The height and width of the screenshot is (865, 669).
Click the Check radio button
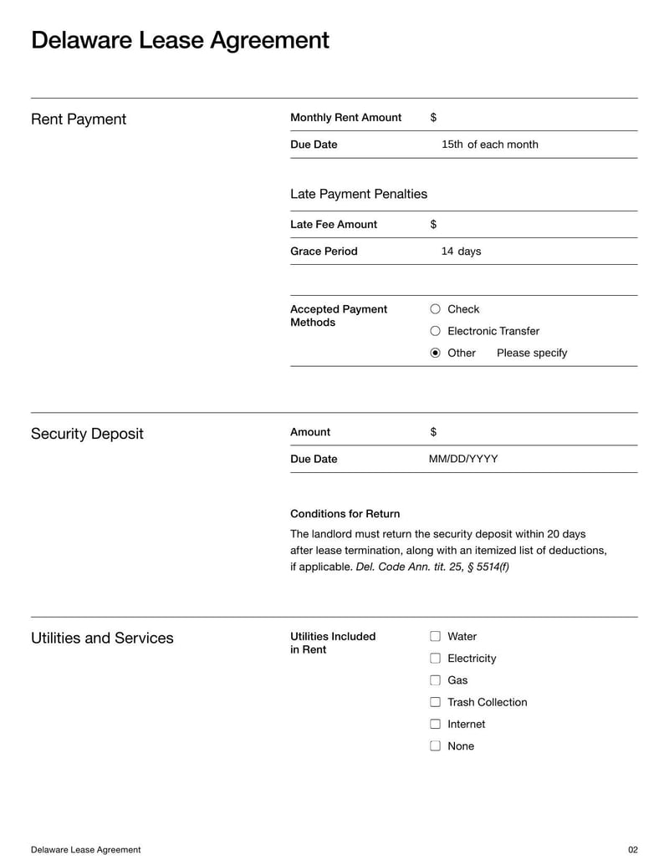(435, 309)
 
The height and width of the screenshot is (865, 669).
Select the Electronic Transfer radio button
(435, 331)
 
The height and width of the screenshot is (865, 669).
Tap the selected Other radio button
(435, 353)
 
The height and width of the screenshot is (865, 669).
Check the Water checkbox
(435, 637)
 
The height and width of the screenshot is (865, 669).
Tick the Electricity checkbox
(435, 659)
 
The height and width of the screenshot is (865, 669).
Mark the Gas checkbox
(435, 680)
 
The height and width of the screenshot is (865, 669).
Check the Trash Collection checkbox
(435, 702)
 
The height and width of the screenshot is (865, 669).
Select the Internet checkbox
(435, 724)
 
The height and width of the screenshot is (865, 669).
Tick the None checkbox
(435, 746)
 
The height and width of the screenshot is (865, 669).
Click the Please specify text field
(532, 353)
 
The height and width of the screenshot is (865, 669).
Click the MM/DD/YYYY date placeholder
(463, 459)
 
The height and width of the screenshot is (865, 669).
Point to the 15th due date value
(452, 145)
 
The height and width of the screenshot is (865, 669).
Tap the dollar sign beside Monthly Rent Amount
(433, 118)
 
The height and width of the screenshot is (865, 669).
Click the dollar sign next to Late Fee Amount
(433, 225)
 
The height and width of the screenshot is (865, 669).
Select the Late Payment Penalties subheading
(359, 194)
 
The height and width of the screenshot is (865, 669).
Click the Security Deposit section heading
(87, 434)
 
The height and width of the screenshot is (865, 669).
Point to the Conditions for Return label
(345, 514)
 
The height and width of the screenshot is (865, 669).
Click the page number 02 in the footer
(632, 850)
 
